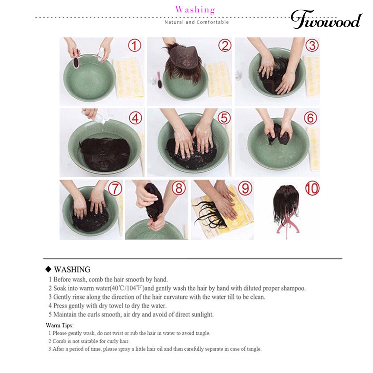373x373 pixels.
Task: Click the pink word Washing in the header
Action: (x=195, y=10)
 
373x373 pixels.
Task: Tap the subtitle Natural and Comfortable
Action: (x=197, y=22)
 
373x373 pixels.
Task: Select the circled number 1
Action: (x=135, y=45)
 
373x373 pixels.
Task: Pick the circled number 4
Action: (x=135, y=118)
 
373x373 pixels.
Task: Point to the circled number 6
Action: (x=310, y=118)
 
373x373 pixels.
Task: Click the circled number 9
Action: (x=245, y=188)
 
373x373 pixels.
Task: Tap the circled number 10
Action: (x=312, y=188)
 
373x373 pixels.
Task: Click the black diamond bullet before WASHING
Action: (x=48, y=269)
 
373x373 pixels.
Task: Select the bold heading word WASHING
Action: (x=72, y=269)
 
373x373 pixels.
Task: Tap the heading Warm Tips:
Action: (x=60, y=325)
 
